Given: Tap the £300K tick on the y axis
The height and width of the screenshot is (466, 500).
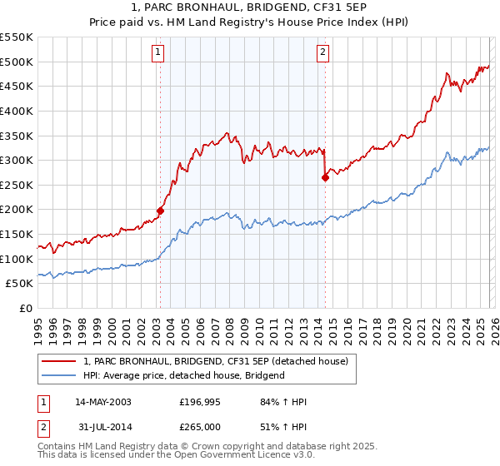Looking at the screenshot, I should coord(17,160).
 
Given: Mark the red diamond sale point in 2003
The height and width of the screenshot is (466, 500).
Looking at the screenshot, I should coord(160,211).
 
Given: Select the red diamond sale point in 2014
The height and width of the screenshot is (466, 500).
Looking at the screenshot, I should coord(325,177).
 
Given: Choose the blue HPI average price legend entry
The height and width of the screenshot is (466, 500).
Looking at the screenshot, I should coord(184,375).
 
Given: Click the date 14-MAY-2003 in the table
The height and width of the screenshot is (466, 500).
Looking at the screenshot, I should coord(102,402).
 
